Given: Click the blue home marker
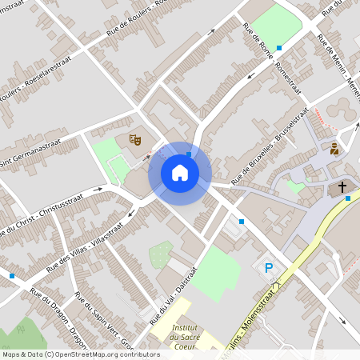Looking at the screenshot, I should [179, 173].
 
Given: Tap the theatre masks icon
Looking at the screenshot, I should [135, 140].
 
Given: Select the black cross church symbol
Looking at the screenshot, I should [342, 187].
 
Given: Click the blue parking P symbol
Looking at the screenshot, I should [269, 268].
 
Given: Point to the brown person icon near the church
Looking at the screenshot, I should [334, 149].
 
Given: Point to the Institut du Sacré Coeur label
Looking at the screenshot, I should [185, 335].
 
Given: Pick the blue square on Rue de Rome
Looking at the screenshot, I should [278, 48].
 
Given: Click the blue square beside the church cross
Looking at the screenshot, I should [347, 198].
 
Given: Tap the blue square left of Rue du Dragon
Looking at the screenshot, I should [12, 276].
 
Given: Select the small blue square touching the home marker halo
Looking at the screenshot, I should [189, 154].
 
